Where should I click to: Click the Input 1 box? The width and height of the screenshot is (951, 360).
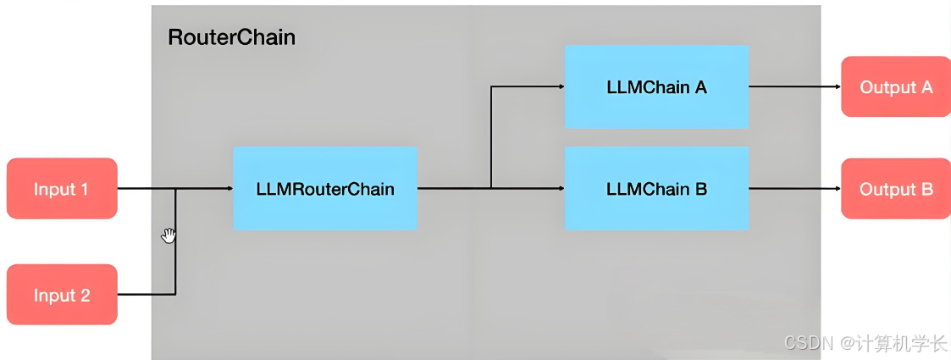point(61,188)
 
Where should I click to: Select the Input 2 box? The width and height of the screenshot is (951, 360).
point(61,295)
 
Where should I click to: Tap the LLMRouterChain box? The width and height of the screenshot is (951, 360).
point(324,188)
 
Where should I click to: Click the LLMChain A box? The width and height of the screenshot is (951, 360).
point(656,86)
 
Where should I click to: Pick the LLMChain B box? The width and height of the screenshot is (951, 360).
point(656,188)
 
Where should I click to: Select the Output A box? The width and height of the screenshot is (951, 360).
point(895,86)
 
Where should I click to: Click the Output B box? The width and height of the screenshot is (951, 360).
point(895,188)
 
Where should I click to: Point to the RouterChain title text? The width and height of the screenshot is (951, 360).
point(231,37)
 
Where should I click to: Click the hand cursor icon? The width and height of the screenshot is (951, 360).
point(169,235)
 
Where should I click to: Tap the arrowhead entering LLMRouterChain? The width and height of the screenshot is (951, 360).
point(229,188)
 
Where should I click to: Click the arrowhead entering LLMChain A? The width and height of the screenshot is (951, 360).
point(561,86)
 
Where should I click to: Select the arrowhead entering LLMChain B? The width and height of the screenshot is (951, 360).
point(561,188)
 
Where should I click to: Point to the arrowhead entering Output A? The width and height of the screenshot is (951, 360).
point(837,86)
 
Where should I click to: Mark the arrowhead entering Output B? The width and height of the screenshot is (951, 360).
point(837,188)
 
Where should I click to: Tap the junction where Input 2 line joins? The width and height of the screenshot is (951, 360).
point(175,188)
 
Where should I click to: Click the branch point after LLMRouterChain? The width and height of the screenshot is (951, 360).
point(491,188)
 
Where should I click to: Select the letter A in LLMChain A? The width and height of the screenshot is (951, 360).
point(700,86)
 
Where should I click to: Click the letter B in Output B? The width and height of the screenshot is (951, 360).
point(926,188)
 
